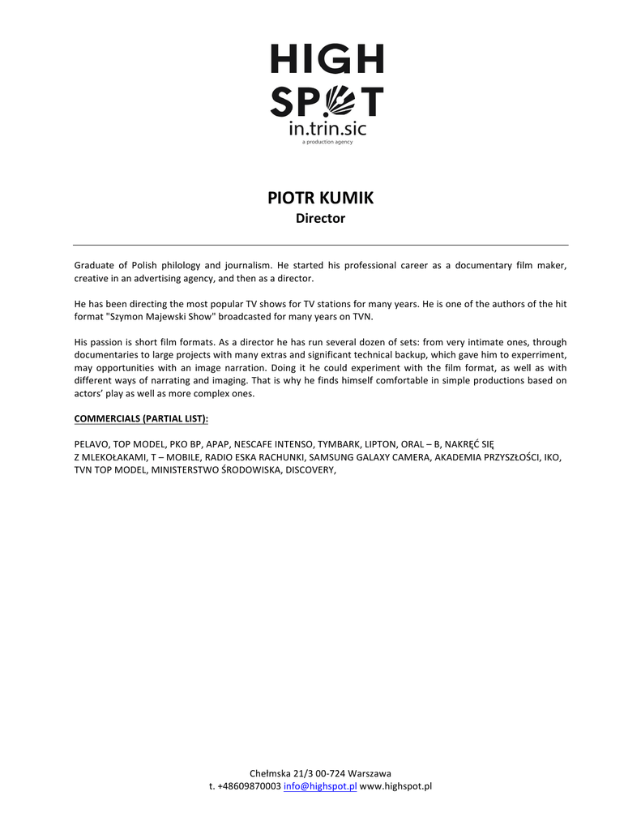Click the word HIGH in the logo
point(327,59)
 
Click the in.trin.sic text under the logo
point(327,129)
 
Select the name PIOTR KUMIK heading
point(320,199)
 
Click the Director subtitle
point(320,219)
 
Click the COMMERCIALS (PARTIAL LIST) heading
point(141,418)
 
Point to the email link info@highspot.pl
point(320,786)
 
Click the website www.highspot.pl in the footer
point(395,786)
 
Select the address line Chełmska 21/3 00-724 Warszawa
point(320,773)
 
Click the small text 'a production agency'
point(327,142)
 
